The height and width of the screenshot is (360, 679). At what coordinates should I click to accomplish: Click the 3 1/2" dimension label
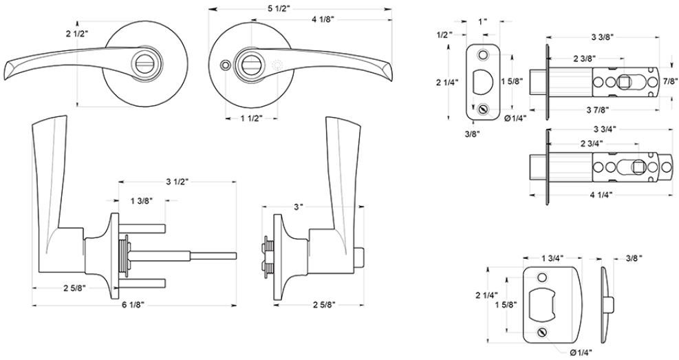click(x=177, y=182)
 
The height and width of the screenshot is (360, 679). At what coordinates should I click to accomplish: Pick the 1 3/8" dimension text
click(x=141, y=200)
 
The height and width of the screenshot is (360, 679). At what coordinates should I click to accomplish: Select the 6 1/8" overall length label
click(x=133, y=305)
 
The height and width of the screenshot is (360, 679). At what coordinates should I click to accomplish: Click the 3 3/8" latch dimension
click(x=603, y=36)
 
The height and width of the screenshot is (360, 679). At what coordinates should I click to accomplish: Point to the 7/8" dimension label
click(x=670, y=81)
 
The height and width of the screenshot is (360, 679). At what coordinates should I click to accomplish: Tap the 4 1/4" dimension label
click(x=602, y=195)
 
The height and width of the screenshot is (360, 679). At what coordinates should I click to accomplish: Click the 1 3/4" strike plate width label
click(x=552, y=258)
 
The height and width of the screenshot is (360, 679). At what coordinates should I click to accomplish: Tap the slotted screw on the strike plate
click(x=541, y=332)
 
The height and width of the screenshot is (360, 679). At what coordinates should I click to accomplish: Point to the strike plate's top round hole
click(x=541, y=277)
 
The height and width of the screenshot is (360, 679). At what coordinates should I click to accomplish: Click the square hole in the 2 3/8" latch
click(x=624, y=81)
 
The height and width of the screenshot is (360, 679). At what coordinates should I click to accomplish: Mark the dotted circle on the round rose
click(x=277, y=65)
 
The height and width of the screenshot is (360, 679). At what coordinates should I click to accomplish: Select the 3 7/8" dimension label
click(x=598, y=109)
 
